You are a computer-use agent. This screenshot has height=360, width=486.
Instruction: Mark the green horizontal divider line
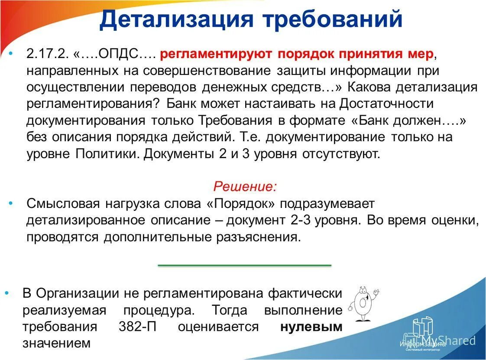pyautogui.click(x=244, y=265)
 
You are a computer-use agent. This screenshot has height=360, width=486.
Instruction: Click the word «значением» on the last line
pyautogui.click(x=57, y=344)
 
